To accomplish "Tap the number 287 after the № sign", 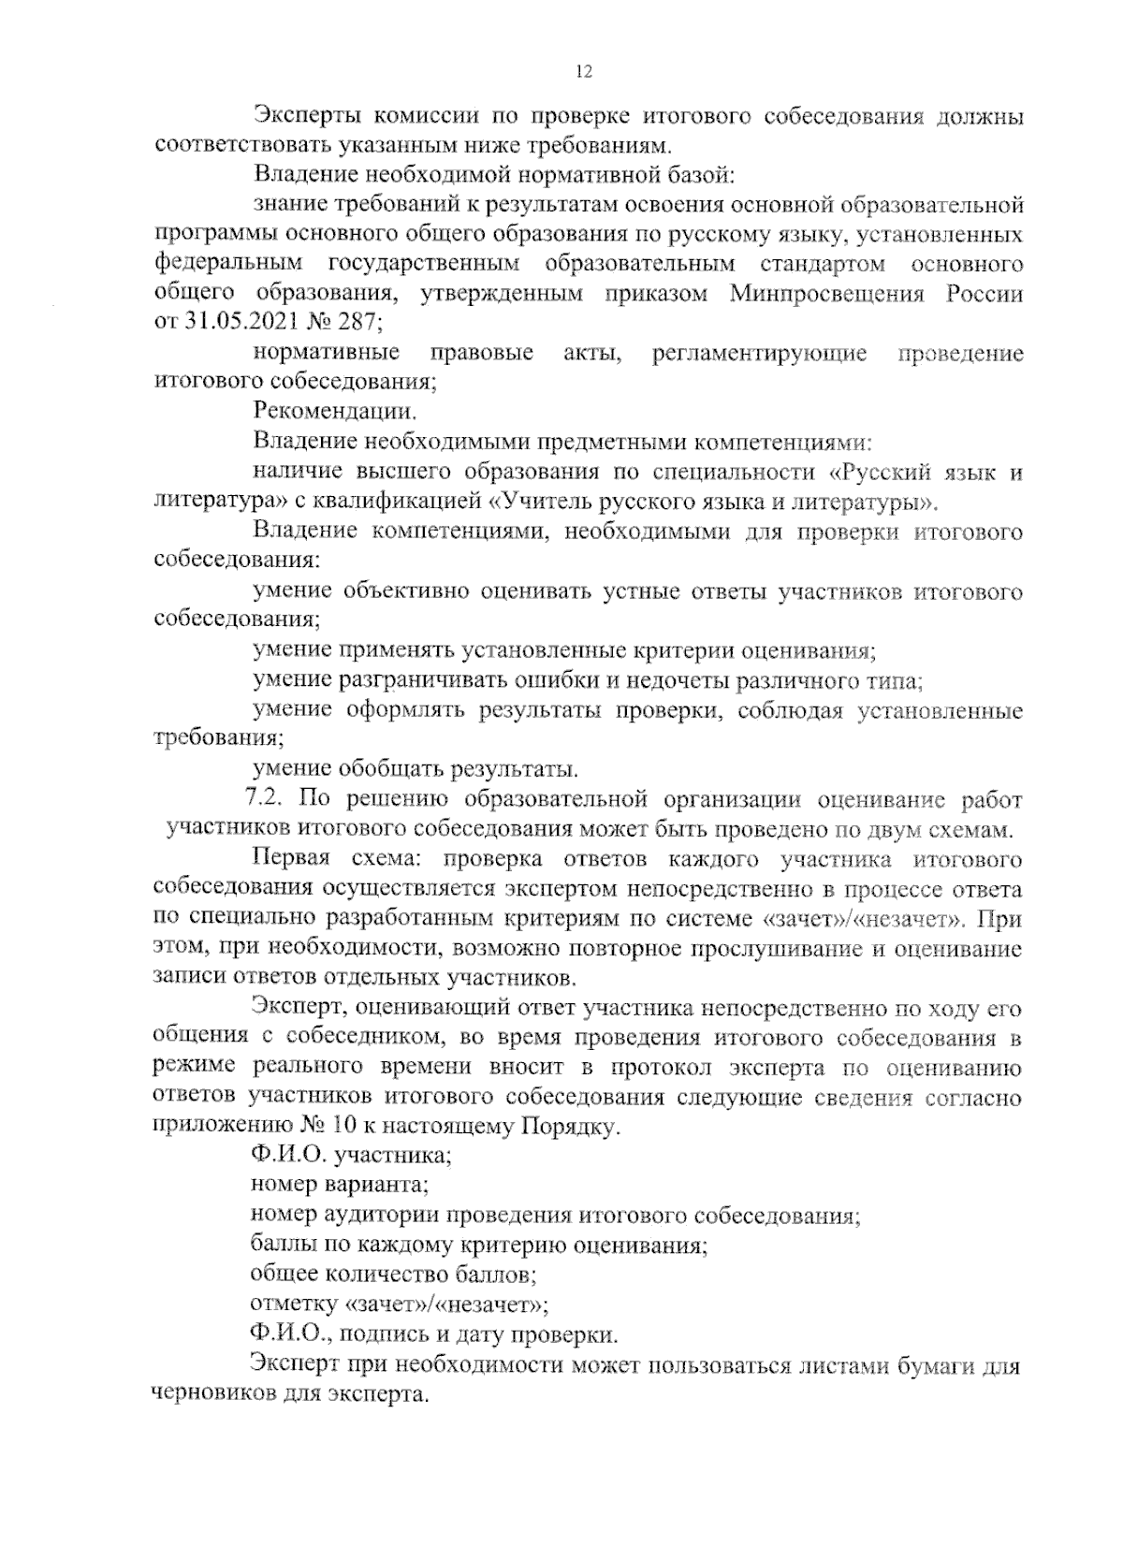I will [x=357, y=323].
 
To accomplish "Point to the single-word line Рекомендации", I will [x=334, y=412].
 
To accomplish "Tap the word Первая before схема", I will [x=290, y=859].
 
